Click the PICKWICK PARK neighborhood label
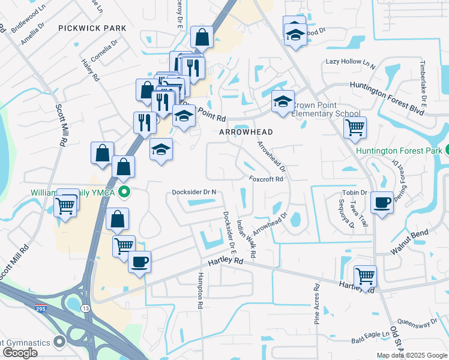pos(92,28)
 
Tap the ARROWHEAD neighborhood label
pos(246,132)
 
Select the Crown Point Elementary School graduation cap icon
pos(282,102)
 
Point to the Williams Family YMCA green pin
pos(124,193)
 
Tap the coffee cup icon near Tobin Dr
pos(382,202)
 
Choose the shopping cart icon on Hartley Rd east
pos(365,276)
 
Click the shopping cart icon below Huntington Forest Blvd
pos(355,127)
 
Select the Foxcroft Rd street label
pos(266,178)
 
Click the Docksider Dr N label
pos(194,192)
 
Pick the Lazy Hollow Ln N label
pos(351,62)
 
